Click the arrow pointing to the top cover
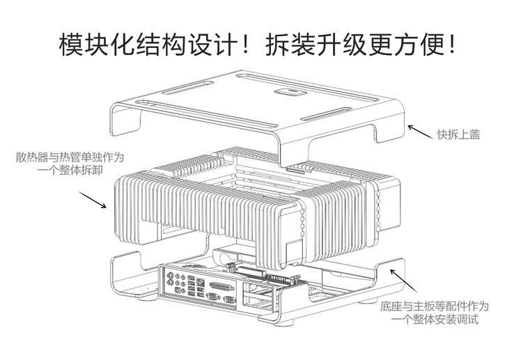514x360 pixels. pos(419,131)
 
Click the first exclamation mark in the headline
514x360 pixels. pos(251,43)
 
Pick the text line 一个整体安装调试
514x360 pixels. pos(435,320)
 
